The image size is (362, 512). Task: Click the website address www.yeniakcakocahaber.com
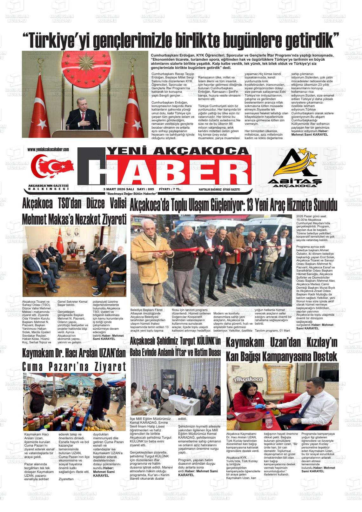48,149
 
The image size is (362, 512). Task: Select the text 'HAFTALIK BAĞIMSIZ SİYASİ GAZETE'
219,189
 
